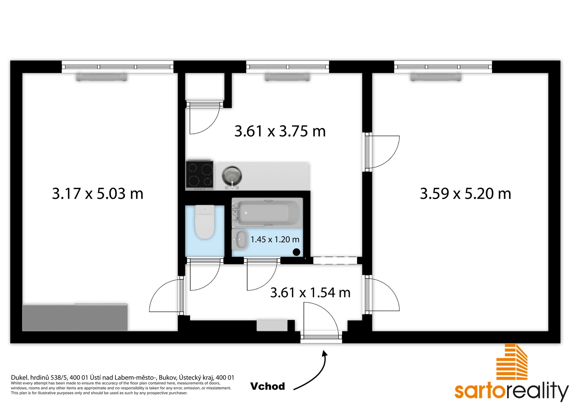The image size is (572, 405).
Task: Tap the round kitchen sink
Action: [x=232, y=176]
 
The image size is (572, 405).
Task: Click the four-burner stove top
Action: [x=200, y=175]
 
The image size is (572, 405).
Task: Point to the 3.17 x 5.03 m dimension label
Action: [x=98, y=194]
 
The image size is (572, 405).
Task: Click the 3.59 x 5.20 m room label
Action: [x=466, y=194]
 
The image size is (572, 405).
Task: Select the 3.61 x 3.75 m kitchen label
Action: [x=280, y=131]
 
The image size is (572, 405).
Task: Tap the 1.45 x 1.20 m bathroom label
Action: [x=275, y=239]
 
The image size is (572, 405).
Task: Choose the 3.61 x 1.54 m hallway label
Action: [x=310, y=293]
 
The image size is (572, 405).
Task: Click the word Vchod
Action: [x=268, y=386]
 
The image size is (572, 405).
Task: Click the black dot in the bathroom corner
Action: [x=296, y=252]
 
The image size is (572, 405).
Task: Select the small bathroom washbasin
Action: [x=240, y=239]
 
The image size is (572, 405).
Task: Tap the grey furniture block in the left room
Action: [x=75, y=317]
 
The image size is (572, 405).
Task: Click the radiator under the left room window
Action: [x=102, y=77]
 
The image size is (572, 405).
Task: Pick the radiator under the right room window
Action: [x=436, y=77]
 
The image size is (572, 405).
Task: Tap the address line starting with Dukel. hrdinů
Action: [x=122, y=378]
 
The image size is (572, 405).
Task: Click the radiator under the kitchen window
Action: [x=287, y=77]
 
